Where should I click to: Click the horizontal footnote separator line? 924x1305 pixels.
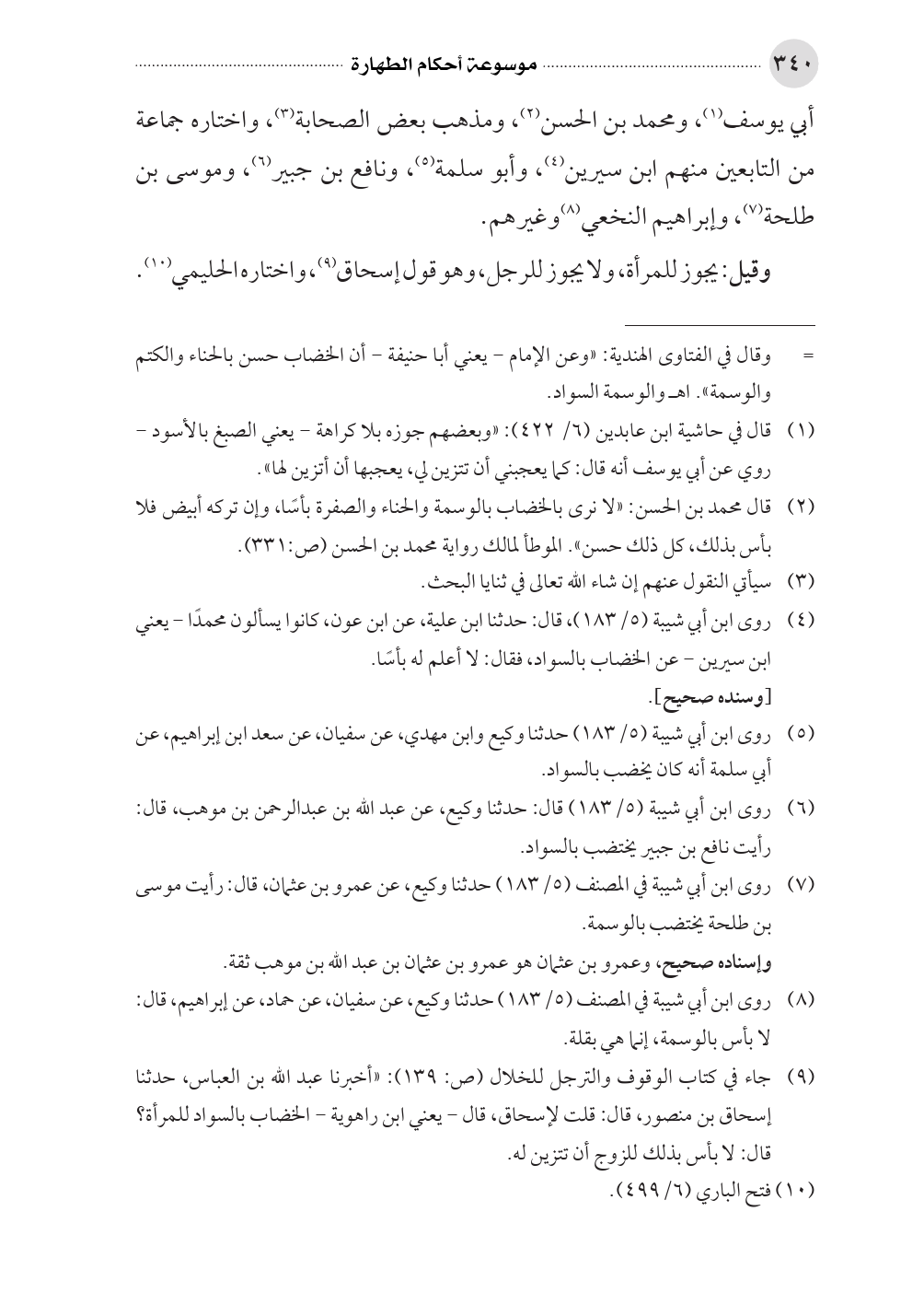tap(719, 324)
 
